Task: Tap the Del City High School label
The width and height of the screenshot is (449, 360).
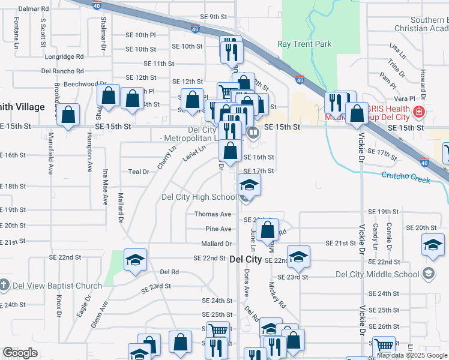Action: click(199, 197)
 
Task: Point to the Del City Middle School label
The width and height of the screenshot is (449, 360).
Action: click(377, 274)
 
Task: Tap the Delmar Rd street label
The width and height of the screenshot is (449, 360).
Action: click(34, 9)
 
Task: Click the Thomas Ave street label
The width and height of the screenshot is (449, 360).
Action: click(212, 214)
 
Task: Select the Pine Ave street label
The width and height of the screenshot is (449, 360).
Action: click(218, 229)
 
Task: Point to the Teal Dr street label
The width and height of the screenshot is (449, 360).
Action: click(139, 172)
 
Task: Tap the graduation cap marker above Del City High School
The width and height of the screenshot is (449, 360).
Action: click(250, 185)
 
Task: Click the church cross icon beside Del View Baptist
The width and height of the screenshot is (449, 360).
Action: click(5, 284)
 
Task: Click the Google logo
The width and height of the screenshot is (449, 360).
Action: click(20, 353)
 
